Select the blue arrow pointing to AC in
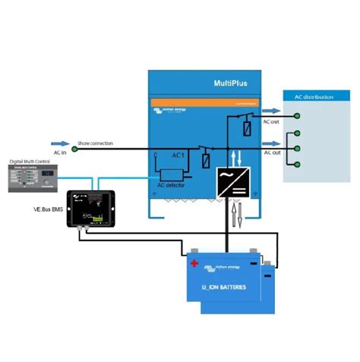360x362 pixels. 62,141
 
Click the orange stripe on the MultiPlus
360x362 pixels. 204,102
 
